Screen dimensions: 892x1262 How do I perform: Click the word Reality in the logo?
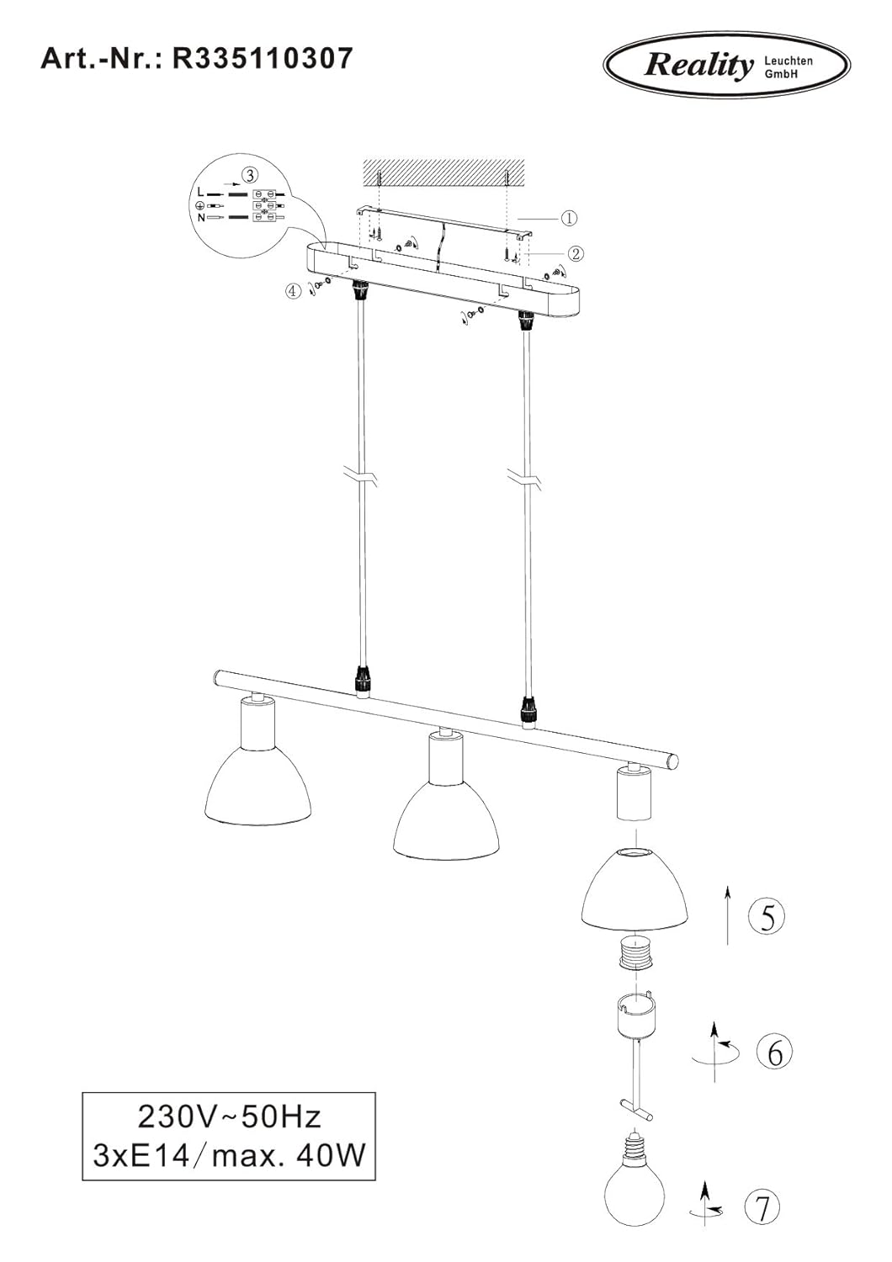(698, 66)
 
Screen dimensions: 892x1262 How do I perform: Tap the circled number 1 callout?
(569, 218)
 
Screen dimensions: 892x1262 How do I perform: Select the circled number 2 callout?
(576, 254)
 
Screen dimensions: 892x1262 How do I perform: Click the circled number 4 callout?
(293, 291)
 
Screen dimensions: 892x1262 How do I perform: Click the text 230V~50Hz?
(230, 1118)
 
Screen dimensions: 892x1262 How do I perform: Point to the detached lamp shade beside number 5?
(635, 888)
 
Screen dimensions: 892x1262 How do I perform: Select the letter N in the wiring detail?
(201, 218)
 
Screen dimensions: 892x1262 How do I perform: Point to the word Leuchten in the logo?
(788, 61)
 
